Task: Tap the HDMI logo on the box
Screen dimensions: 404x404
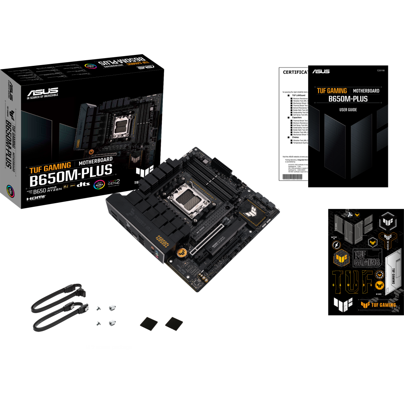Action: (x=36, y=198)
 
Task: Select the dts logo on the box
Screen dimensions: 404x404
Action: (x=83, y=185)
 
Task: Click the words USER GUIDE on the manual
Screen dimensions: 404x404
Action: (x=348, y=109)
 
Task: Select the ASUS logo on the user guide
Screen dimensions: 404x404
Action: (x=321, y=72)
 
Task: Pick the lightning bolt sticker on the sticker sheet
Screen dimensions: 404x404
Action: (x=336, y=245)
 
